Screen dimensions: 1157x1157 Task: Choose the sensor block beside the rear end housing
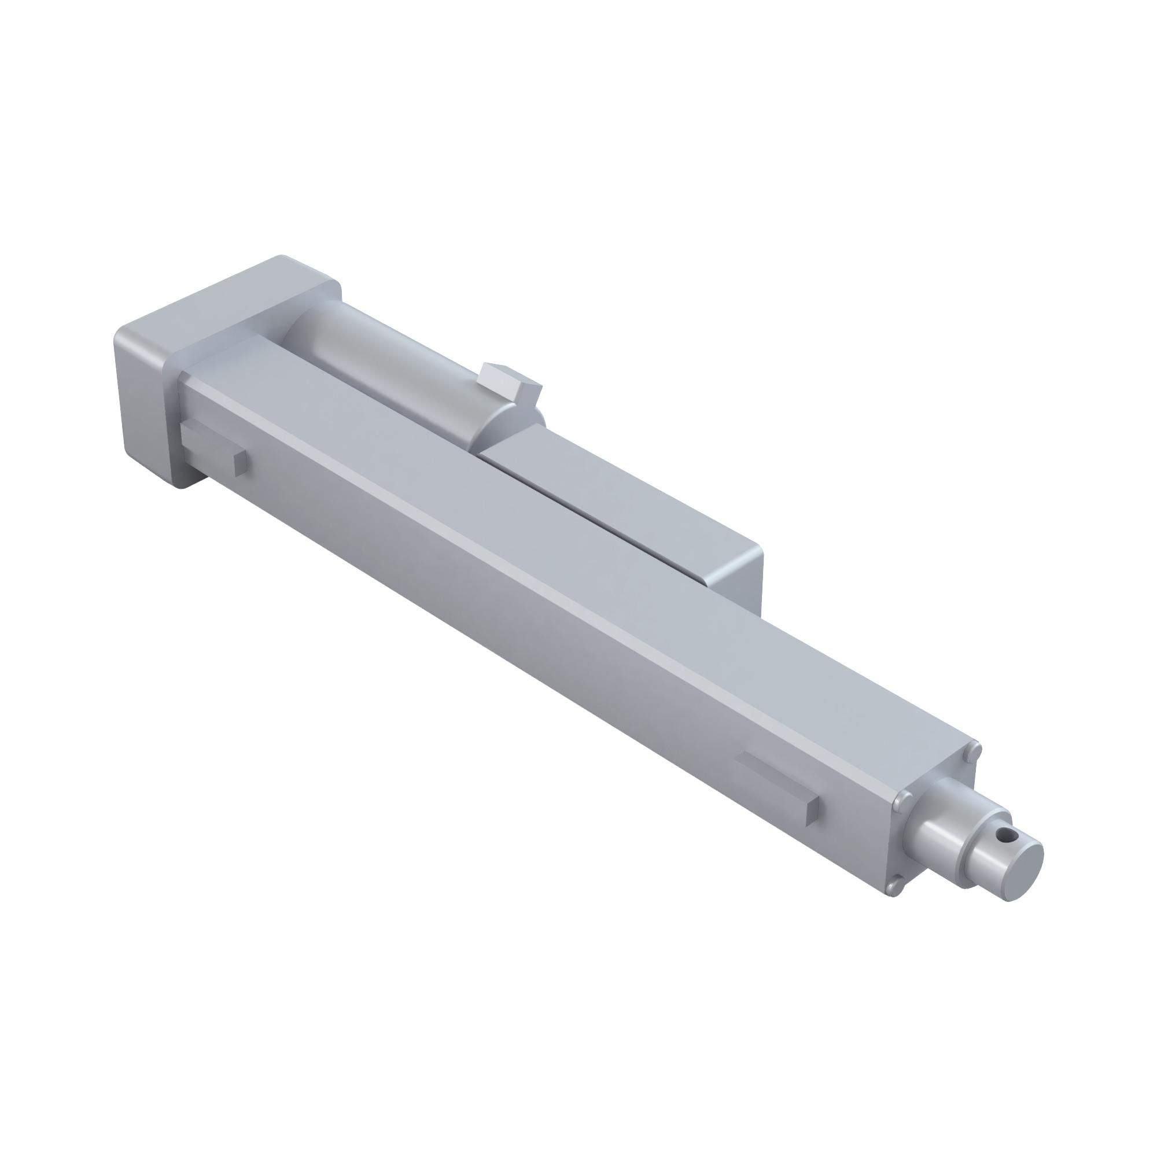209,443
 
